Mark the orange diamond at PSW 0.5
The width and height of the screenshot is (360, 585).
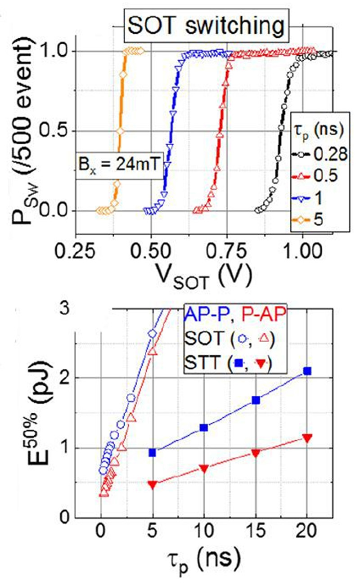pyautogui.click(x=120, y=131)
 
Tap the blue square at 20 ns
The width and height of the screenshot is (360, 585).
pyautogui.click(x=307, y=371)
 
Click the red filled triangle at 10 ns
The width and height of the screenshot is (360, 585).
pyautogui.click(x=204, y=469)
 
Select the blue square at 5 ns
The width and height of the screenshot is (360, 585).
pyautogui.click(x=152, y=452)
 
